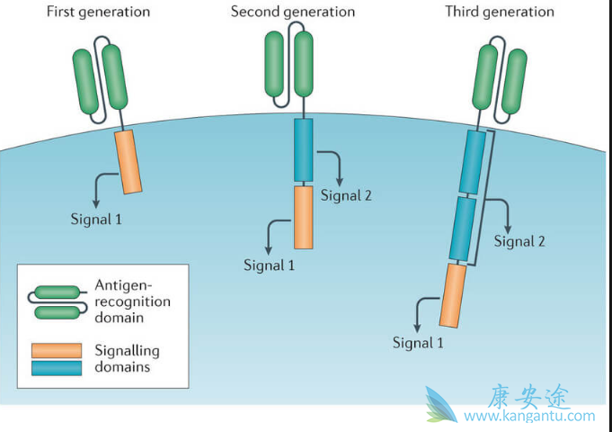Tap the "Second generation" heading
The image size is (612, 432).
click(293, 12)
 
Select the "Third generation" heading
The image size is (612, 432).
click(500, 12)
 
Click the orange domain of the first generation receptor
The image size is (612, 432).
click(129, 161)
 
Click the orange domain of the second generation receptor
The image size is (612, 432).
click(303, 217)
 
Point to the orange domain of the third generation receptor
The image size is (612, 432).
click(452, 295)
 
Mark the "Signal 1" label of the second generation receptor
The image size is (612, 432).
click(269, 265)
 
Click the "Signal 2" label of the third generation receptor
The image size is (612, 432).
click(519, 241)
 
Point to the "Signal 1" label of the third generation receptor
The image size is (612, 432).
click(419, 342)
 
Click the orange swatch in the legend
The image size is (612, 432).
click(57, 350)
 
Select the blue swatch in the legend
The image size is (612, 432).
click(57, 367)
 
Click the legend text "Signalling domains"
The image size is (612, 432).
click(127, 358)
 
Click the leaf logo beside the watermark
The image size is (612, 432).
click(447, 405)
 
